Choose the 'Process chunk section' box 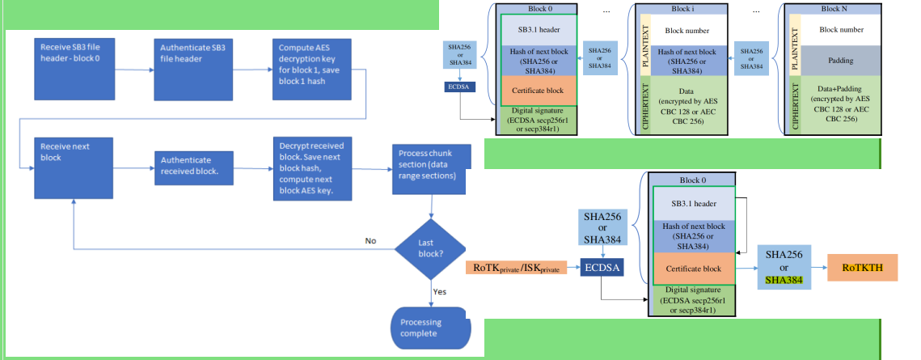[x=430, y=170]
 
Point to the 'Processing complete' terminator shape [x=430, y=328]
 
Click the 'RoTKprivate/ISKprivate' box [x=518, y=266]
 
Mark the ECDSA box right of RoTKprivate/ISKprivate [x=602, y=266]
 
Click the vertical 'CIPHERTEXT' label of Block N [x=796, y=104]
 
